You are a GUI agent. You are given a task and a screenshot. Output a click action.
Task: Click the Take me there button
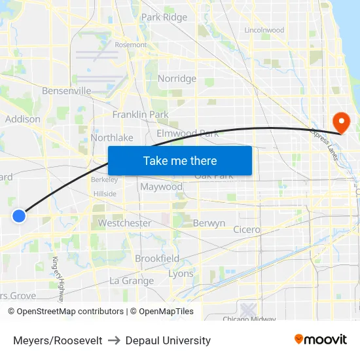click(x=180, y=160)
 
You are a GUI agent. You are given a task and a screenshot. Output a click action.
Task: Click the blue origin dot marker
click(x=19, y=215)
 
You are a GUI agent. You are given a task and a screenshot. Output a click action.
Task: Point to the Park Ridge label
click(x=164, y=18)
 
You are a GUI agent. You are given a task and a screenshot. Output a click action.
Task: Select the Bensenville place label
click(x=66, y=91)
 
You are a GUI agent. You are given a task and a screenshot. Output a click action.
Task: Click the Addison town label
click(x=23, y=119)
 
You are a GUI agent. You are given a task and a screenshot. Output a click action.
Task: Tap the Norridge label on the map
click(x=177, y=79)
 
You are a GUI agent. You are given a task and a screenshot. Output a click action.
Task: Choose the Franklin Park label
click(x=140, y=115)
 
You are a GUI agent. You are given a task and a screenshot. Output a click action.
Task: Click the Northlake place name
click(x=112, y=137)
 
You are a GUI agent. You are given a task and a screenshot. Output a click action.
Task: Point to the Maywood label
click(x=161, y=187)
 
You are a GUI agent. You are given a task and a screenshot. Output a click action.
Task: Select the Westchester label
click(x=124, y=223)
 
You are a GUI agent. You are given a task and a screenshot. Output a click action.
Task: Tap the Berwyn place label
click(x=209, y=223)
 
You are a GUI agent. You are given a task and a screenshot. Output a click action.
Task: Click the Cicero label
click(x=247, y=230)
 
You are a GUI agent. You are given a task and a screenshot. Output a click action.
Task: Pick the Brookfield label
click(x=157, y=259)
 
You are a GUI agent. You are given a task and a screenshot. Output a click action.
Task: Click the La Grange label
click(x=132, y=281)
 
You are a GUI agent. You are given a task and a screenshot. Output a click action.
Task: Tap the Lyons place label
click(x=181, y=274)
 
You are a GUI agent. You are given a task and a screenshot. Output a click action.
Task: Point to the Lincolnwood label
click(x=264, y=30)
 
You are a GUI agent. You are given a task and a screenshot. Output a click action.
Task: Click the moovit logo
click(x=320, y=339)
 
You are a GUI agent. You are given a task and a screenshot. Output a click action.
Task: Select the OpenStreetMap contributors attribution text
click(x=70, y=312)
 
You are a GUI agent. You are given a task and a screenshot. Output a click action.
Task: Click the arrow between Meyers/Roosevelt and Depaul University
click(x=114, y=340)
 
